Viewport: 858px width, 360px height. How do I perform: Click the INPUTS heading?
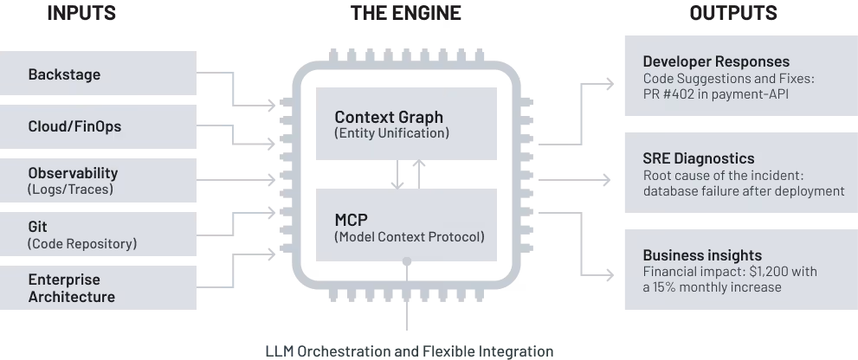[x=81, y=13]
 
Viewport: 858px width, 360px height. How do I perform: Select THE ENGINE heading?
[x=406, y=13]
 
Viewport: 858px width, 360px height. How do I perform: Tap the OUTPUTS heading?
[x=733, y=13]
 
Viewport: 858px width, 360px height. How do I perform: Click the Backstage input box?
[x=98, y=74]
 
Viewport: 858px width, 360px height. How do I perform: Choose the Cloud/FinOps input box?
[x=98, y=126]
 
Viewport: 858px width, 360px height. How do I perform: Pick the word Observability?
[x=73, y=173]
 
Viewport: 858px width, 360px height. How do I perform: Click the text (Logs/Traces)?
[x=70, y=190]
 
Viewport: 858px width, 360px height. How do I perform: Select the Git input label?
[x=38, y=227]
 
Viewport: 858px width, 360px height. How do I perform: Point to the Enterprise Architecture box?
[x=98, y=288]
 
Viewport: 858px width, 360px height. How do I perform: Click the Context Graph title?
[x=389, y=117]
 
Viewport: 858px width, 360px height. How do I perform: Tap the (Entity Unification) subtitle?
[x=392, y=133]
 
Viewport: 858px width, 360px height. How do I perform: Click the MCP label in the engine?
[x=352, y=220]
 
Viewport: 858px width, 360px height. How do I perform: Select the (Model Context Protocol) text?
[x=410, y=237]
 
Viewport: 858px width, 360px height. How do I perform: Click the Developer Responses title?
[x=716, y=61]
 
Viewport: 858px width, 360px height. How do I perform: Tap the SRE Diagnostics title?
[x=699, y=158]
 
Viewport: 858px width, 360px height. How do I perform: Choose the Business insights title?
[x=703, y=255]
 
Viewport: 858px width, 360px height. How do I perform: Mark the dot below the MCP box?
[x=407, y=261]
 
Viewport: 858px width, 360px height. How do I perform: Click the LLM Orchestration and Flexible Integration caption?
[x=410, y=351]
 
